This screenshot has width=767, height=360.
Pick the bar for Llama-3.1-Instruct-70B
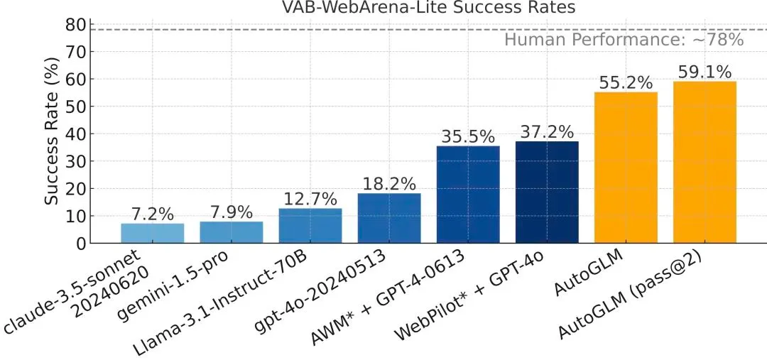tap(310, 226)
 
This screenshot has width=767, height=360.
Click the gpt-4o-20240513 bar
tap(389, 219)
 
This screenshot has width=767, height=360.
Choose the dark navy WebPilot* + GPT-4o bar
tap(547, 192)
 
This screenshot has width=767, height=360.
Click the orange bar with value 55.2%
tap(626, 168)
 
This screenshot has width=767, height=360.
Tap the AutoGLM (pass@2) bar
tap(705, 163)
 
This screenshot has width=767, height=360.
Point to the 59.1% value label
tap(705, 72)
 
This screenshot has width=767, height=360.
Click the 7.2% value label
tap(152, 214)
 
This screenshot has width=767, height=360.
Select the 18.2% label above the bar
tap(389, 184)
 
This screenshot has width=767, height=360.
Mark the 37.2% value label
tap(547, 132)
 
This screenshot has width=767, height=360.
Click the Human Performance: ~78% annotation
tap(624, 40)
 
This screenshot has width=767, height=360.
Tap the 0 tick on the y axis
tap(81, 244)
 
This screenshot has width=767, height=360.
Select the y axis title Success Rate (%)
tap(52, 133)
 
